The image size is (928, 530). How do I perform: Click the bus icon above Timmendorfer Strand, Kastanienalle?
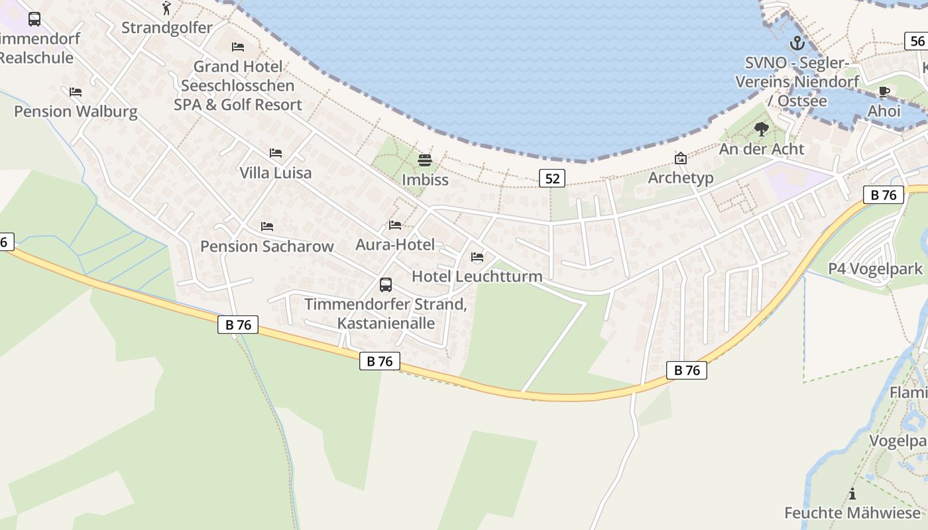point(385,285)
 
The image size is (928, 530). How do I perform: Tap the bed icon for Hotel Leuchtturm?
point(477,257)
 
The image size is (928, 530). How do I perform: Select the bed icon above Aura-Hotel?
point(395,225)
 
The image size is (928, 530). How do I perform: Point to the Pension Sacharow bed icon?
point(267,227)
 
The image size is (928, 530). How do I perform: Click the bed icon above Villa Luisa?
point(276,153)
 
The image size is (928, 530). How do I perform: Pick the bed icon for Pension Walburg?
point(76,92)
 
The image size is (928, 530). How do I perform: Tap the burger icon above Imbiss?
point(425,160)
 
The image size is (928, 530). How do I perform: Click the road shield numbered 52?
point(551,178)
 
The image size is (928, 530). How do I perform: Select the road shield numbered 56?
point(917,41)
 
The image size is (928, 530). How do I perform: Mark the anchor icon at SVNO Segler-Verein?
point(797,44)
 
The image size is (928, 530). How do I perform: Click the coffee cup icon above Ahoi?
point(884,91)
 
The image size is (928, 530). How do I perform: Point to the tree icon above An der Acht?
point(762,129)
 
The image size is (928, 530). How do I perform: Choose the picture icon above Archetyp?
point(680,158)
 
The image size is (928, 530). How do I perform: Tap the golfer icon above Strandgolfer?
point(166,8)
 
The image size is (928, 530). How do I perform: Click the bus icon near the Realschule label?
point(34,19)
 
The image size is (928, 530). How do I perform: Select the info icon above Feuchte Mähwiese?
point(852,494)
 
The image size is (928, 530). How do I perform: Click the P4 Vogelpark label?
point(875,269)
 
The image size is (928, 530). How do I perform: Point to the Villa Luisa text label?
point(275,173)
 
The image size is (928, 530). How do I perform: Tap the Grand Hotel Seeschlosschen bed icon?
point(238,47)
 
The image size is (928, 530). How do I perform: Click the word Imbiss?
point(425,180)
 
